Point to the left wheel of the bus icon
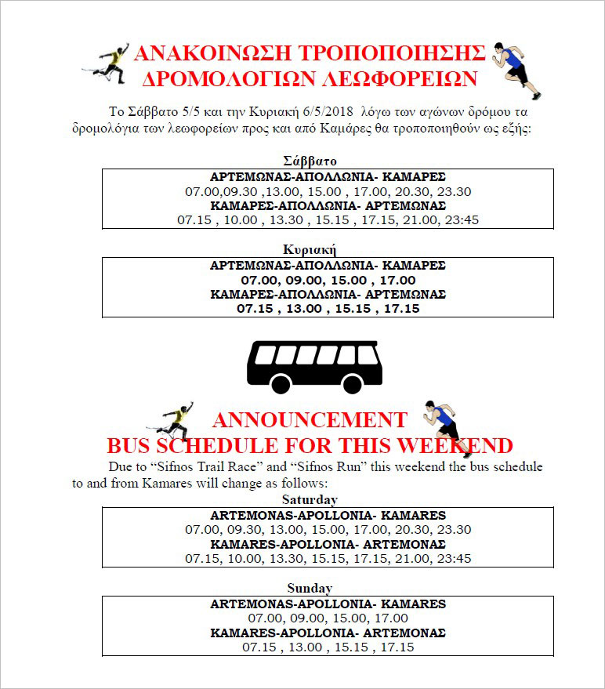[x=281, y=384]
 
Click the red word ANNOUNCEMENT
[x=310, y=419]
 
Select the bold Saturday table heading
[x=310, y=499]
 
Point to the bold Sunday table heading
[x=310, y=588]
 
